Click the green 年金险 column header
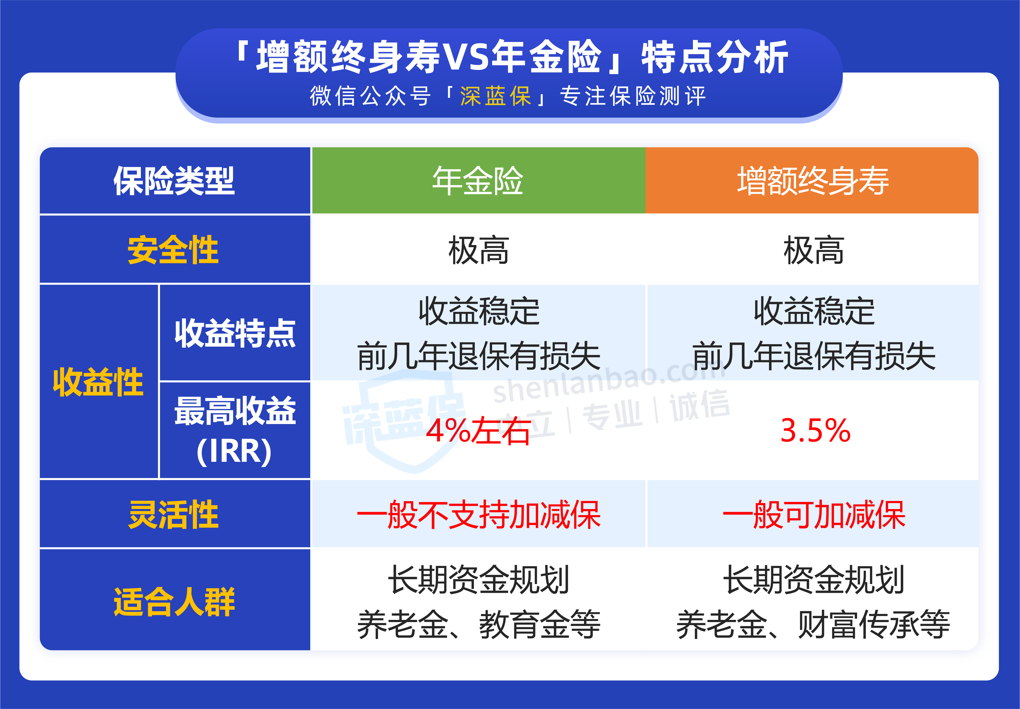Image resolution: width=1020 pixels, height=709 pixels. click(478, 181)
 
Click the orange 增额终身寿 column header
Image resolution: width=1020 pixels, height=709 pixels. click(812, 181)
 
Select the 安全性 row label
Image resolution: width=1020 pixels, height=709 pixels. click(173, 250)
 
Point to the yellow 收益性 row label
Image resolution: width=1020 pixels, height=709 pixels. click(98, 382)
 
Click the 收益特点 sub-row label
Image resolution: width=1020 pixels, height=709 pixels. click(235, 333)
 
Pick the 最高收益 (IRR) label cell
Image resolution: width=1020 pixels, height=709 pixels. click(235, 430)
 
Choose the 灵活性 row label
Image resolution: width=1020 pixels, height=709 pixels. click(173, 515)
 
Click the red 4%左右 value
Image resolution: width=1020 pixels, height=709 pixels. click(478, 431)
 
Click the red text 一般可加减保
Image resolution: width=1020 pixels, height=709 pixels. click(814, 515)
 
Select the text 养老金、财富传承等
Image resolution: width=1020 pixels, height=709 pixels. click(813, 624)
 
